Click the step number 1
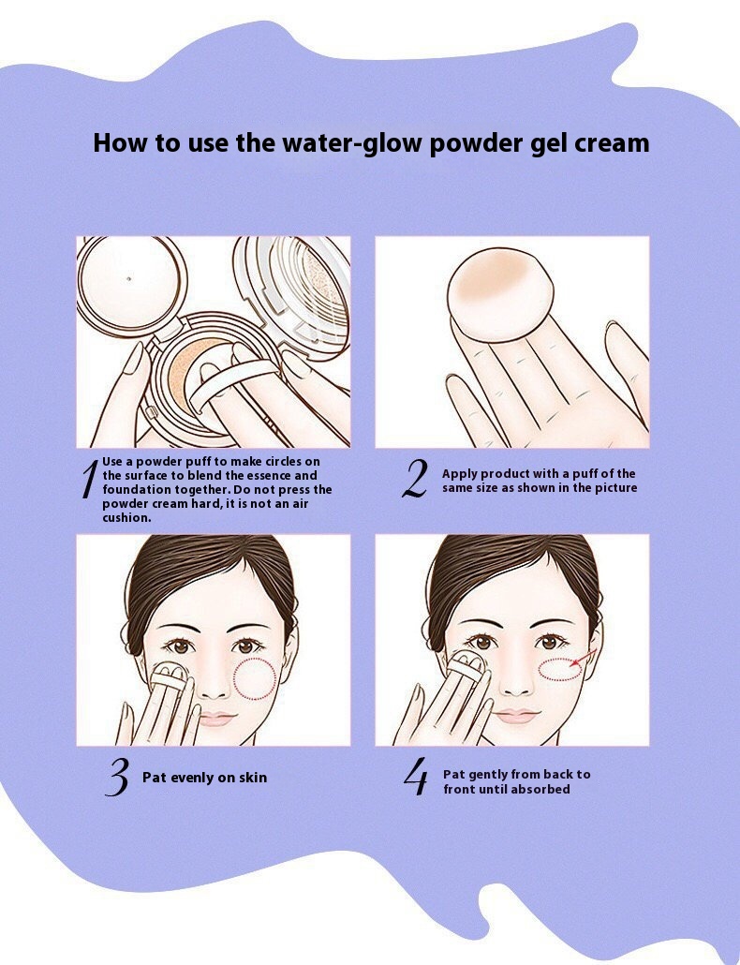pyautogui.click(x=89, y=479)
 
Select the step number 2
pyautogui.click(x=415, y=479)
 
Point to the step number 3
pyautogui.click(x=117, y=778)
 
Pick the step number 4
pyautogui.click(x=416, y=777)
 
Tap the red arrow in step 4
pyautogui.click(x=584, y=658)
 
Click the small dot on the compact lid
pyautogui.click(x=128, y=278)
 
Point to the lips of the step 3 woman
pyautogui.click(x=216, y=718)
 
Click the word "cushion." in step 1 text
pyautogui.click(x=126, y=517)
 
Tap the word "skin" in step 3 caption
pyautogui.click(x=253, y=778)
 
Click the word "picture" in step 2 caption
pyautogui.click(x=615, y=488)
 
